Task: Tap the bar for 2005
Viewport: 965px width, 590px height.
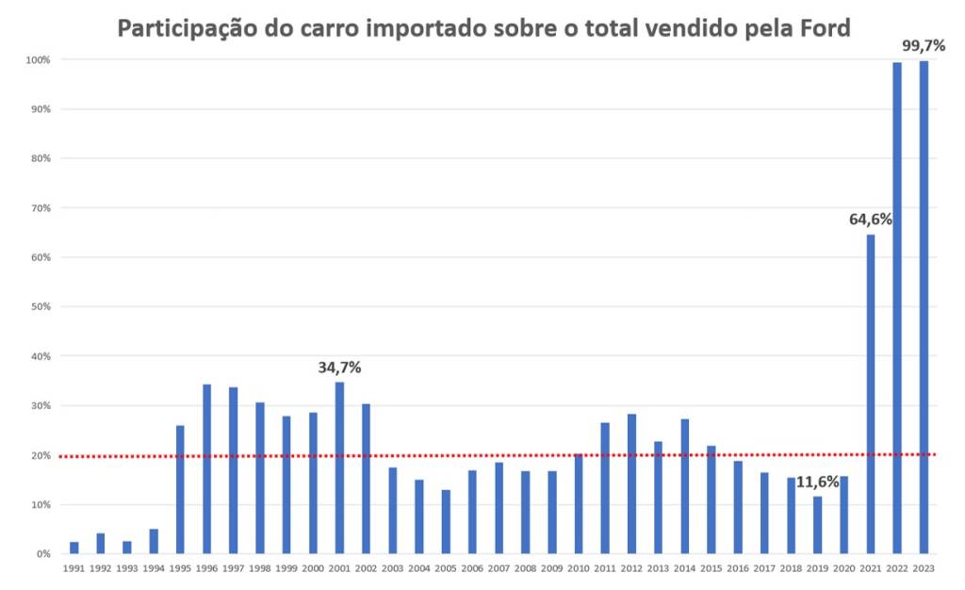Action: pyautogui.click(x=446, y=522)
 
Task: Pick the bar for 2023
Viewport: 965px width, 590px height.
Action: pyautogui.click(x=924, y=307)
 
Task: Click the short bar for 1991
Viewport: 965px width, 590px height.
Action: pyautogui.click(x=74, y=549)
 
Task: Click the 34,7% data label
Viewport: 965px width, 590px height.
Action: pyautogui.click(x=339, y=368)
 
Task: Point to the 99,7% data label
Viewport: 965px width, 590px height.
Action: pyautogui.click(x=924, y=44)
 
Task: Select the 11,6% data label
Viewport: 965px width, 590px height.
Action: pyautogui.click(x=817, y=482)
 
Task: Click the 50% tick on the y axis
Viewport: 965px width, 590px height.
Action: pyautogui.click(x=41, y=307)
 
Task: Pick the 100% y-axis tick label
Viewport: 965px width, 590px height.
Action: pyautogui.click(x=39, y=59)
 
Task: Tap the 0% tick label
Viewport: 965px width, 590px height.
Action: pyautogui.click(x=43, y=554)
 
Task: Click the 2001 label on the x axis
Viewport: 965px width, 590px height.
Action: pyautogui.click(x=339, y=569)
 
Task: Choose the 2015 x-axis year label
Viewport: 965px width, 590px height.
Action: pyautogui.click(x=711, y=569)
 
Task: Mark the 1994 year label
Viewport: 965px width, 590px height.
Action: pyautogui.click(x=153, y=569)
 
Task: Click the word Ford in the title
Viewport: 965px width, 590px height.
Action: pyautogui.click(x=825, y=27)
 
